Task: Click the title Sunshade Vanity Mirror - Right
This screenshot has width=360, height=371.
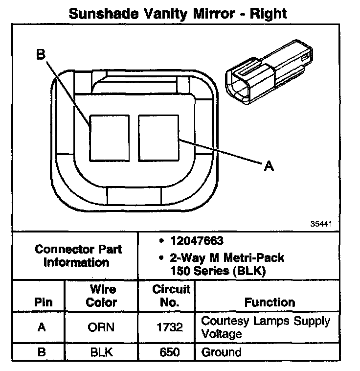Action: click(x=178, y=13)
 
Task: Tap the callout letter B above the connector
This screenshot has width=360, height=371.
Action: click(x=41, y=54)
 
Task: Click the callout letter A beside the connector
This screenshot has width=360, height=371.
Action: click(x=268, y=166)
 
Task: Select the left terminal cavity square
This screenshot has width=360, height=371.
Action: click(x=109, y=138)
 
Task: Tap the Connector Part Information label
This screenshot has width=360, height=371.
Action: click(x=78, y=255)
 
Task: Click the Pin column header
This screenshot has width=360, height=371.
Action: click(x=43, y=302)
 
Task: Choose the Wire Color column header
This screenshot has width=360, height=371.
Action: click(x=101, y=296)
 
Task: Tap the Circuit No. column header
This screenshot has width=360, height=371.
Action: click(x=169, y=296)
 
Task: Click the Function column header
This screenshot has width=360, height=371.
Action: click(x=270, y=302)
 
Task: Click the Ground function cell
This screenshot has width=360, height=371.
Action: click(x=221, y=352)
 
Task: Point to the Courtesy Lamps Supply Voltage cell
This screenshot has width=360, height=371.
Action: click(x=266, y=327)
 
